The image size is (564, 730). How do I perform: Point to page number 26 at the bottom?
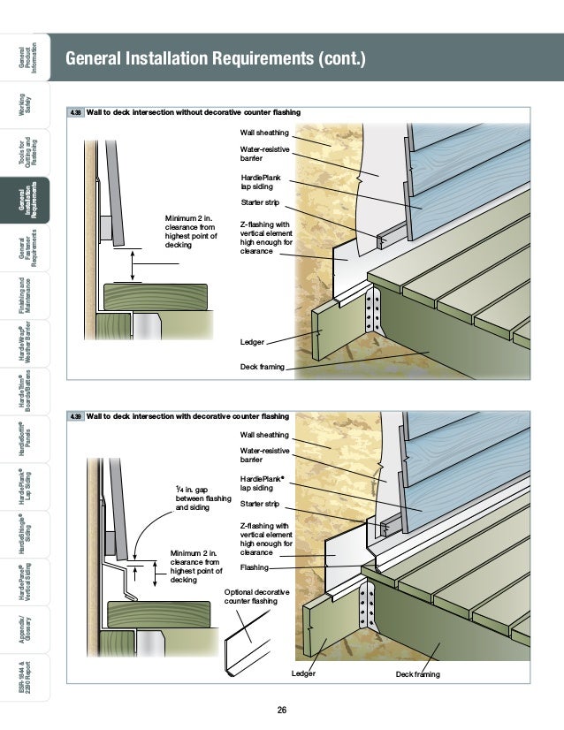(282, 711)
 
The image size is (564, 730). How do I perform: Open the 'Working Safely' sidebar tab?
(26, 108)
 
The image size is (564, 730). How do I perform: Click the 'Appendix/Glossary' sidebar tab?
(26, 631)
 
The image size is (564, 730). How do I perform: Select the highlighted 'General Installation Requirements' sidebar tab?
(26, 203)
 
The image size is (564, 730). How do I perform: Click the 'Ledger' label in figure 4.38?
(252, 342)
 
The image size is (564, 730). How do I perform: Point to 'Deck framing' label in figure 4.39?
(419, 674)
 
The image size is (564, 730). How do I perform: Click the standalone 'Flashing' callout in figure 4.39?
(255, 567)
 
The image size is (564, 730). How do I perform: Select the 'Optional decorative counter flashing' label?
(251, 597)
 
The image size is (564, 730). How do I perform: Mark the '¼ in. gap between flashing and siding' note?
(200, 498)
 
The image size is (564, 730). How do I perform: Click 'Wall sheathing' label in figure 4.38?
(264, 133)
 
